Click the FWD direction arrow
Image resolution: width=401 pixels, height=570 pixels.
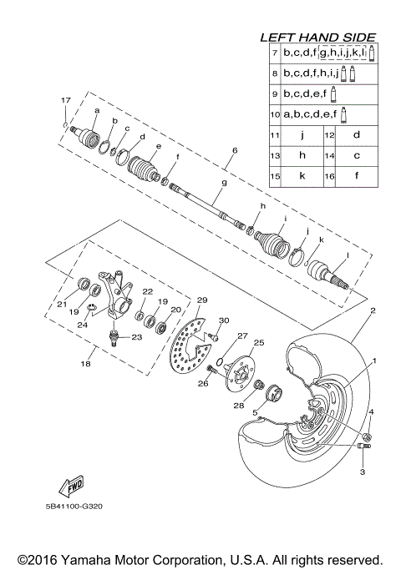tap(60, 487)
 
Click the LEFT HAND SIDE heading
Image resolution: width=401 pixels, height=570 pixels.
tap(317, 38)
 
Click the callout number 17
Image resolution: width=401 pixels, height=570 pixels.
tap(64, 100)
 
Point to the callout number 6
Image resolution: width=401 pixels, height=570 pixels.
tap(235, 150)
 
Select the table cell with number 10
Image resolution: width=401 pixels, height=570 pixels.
tap(275, 113)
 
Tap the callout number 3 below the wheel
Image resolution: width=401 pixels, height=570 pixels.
tap(363, 472)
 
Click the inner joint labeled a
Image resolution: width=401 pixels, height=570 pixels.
tap(88, 134)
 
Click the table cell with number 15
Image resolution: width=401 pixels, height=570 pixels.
tap(275, 175)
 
